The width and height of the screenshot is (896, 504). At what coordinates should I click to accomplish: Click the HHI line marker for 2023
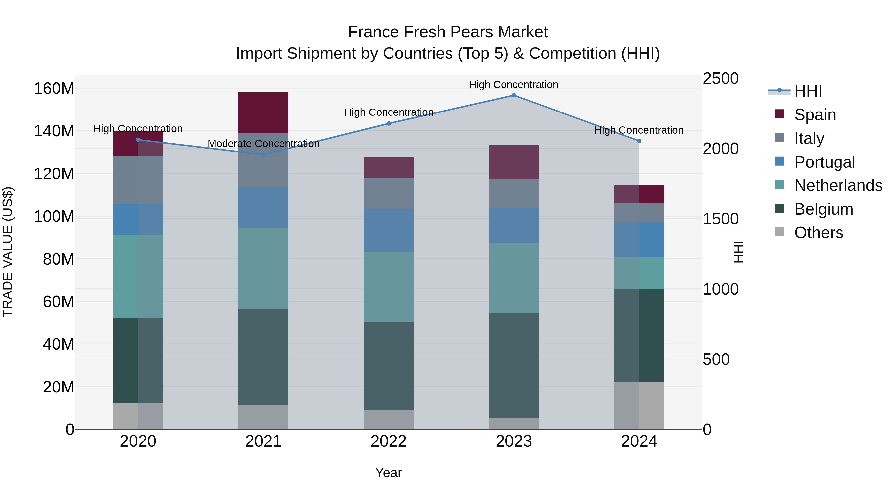(x=514, y=95)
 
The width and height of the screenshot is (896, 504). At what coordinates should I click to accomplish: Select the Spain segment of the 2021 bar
(x=263, y=113)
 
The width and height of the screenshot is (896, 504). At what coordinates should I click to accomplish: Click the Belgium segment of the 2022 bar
(x=389, y=366)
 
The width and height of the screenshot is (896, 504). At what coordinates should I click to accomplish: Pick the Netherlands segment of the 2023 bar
(x=514, y=278)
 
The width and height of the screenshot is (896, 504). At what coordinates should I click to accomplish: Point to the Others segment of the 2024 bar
(x=639, y=406)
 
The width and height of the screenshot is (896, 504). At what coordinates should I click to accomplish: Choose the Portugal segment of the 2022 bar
(x=389, y=230)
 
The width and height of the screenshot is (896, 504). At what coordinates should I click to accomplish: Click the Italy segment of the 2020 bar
(x=138, y=180)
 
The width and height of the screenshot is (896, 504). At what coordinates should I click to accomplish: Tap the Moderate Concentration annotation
(x=263, y=144)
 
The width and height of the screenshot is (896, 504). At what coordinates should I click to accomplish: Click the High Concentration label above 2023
(x=513, y=85)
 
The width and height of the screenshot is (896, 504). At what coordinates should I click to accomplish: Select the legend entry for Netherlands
(x=838, y=185)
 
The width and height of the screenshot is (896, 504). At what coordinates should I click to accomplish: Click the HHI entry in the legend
(x=808, y=91)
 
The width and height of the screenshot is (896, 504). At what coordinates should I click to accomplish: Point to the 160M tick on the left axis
(x=54, y=88)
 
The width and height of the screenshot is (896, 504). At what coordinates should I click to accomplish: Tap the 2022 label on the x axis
(x=389, y=441)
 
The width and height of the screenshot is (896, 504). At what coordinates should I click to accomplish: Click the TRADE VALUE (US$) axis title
(x=8, y=252)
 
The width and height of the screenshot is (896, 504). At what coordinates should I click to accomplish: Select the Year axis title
(x=389, y=473)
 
